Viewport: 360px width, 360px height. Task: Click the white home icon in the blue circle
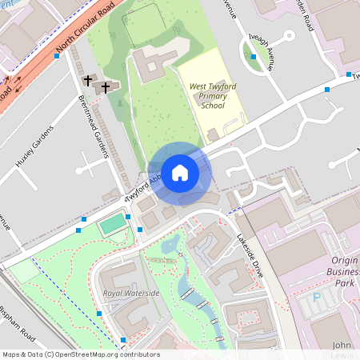coord(180,172)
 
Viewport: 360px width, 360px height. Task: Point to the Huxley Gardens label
coord(34,146)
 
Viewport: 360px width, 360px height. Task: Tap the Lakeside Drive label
coord(250,254)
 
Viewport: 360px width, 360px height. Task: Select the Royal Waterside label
coord(131,294)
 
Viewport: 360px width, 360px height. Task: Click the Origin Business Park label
coord(345,272)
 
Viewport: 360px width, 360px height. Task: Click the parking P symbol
coord(316,298)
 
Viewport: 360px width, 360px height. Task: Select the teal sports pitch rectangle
coord(113,224)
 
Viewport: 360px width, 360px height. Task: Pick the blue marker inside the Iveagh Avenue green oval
coord(254,57)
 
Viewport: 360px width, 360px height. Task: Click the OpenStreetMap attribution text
coord(81,354)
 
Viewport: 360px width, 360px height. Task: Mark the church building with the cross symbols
coord(102,86)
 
